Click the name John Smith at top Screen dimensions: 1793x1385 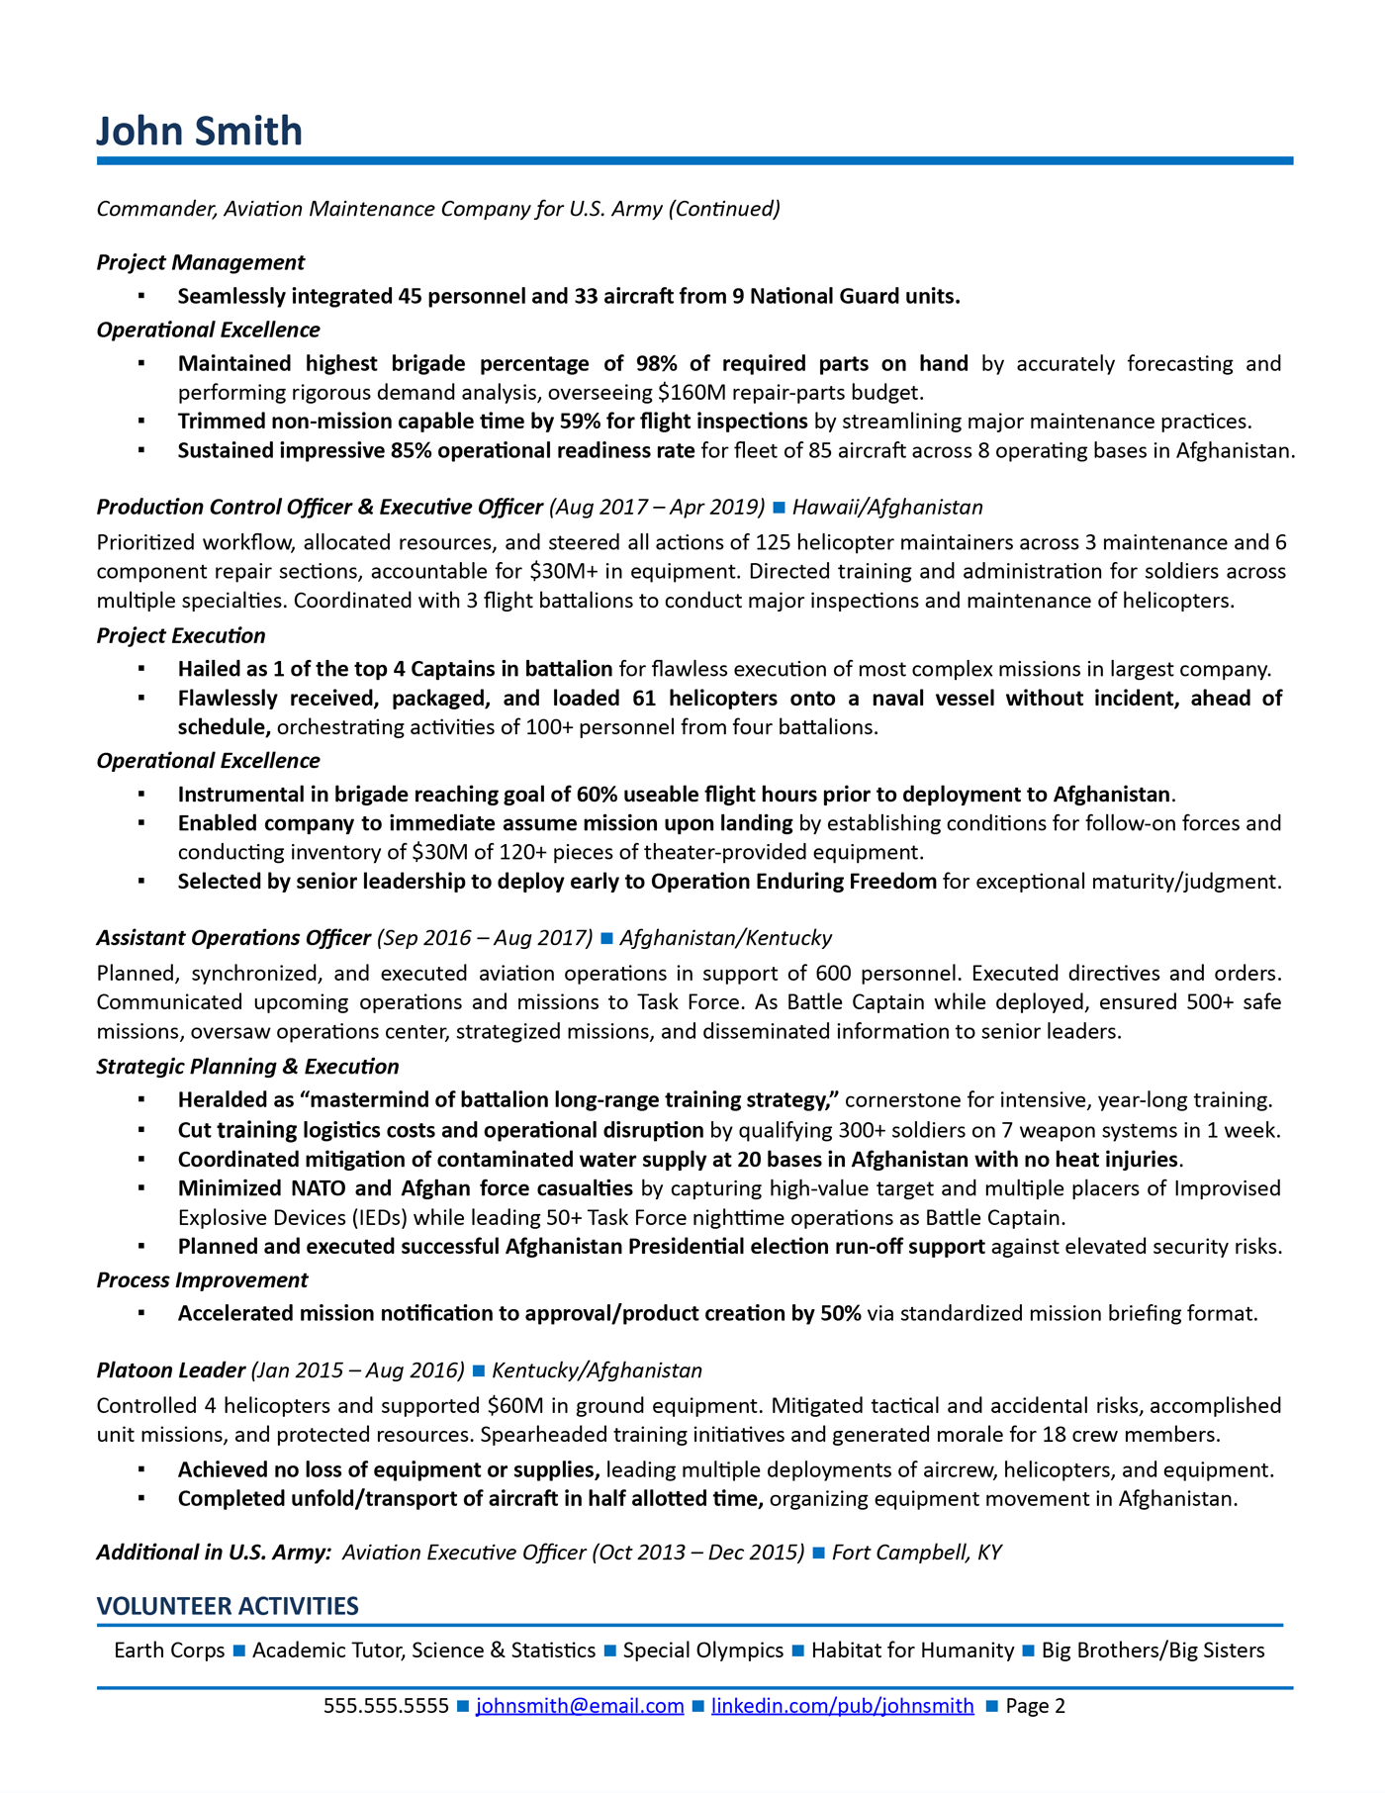coord(200,132)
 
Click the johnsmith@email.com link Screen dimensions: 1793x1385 coord(580,1705)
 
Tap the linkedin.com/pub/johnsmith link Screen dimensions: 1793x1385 coord(842,1705)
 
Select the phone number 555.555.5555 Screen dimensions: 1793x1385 coord(386,1705)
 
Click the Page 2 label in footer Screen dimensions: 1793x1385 coord(1035,1705)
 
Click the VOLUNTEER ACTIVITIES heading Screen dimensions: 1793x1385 coord(228,1605)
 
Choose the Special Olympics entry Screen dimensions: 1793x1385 coord(702,1650)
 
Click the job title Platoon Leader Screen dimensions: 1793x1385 coord(170,1369)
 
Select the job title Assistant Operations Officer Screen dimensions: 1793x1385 coord(233,937)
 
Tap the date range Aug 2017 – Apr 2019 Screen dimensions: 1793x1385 coord(657,507)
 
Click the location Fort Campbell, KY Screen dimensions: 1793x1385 coord(916,1552)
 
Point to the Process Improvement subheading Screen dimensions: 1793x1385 coord(202,1279)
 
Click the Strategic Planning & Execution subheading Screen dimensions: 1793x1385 coord(247,1066)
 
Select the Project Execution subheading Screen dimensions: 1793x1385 coord(181,635)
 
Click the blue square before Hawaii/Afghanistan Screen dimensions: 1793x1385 coord(779,508)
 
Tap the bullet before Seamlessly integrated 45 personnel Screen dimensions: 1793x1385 coord(141,296)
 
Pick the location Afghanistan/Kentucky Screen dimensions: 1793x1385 coord(725,937)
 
